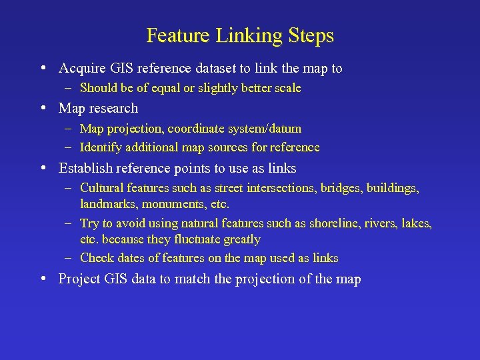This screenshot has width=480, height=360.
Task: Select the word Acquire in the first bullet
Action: [x=80, y=68]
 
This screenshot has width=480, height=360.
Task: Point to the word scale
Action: [x=285, y=88]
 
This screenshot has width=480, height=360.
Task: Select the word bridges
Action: [x=339, y=189]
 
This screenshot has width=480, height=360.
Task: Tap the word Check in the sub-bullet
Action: [x=97, y=258]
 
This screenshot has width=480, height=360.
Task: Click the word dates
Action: [x=131, y=258]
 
